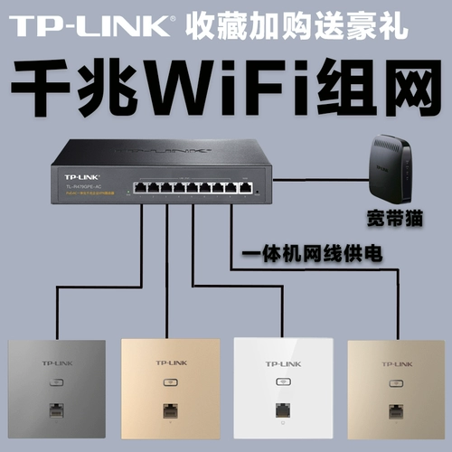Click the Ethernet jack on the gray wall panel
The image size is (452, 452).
pyautogui.click(x=57, y=408)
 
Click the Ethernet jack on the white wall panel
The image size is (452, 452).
pyautogui.click(x=281, y=409)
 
